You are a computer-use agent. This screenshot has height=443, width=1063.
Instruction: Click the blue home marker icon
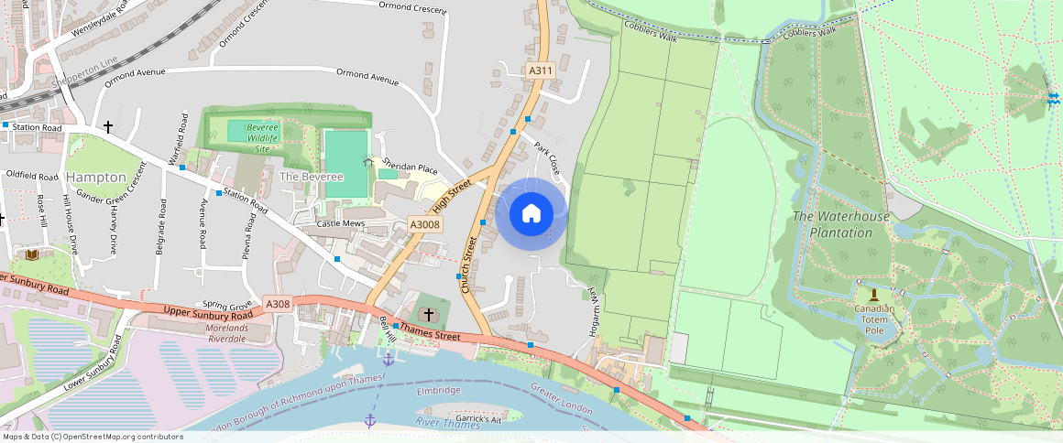[531, 214]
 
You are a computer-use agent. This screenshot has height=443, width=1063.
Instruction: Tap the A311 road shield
[541, 70]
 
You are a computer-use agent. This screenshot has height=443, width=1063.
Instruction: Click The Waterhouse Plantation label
[840, 224]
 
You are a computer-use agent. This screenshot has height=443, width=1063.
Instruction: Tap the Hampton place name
[96, 177]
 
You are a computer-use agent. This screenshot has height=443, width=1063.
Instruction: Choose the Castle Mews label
[340, 223]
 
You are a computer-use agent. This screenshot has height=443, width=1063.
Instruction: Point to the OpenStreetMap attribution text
[93, 437]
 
